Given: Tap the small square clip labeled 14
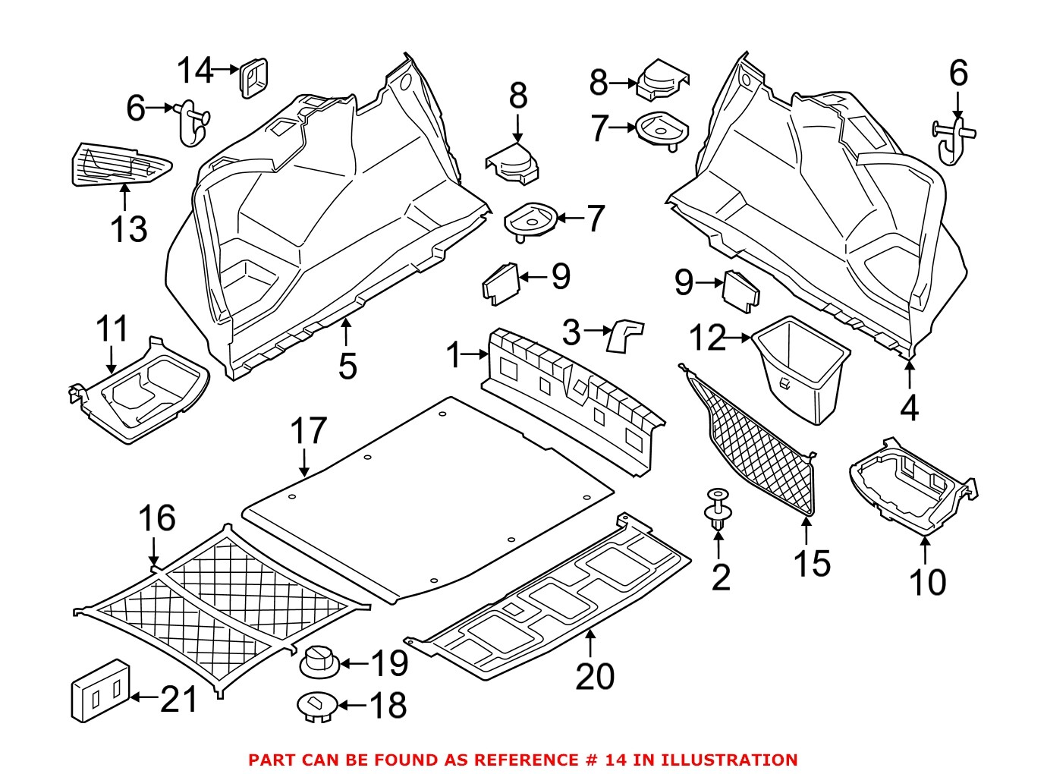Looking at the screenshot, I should [253, 77].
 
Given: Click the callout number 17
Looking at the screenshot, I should [308, 431].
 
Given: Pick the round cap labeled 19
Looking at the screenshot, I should [319, 662].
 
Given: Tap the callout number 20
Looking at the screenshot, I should [594, 675].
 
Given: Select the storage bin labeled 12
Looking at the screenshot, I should [801, 368].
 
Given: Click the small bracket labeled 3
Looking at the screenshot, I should [625, 335].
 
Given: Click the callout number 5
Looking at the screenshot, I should [347, 366].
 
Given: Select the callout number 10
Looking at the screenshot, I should [927, 582].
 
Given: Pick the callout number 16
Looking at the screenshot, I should [156, 519].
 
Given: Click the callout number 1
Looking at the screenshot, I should [454, 354].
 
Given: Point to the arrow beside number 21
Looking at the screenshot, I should [144, 697].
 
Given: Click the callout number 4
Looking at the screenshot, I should [909, 407].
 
